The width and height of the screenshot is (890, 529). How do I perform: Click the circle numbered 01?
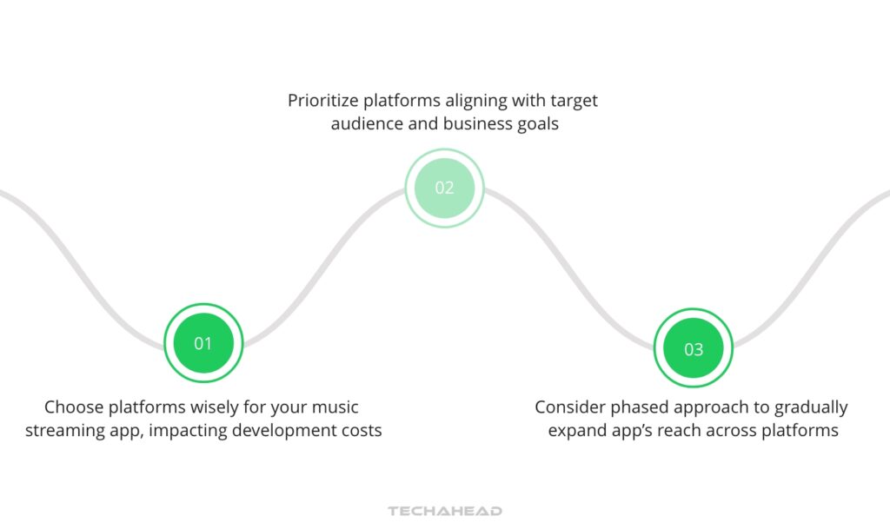point(203,343)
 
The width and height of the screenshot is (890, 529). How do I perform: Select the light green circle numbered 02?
point(444,188)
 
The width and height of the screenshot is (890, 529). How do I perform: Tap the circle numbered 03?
point(693,349)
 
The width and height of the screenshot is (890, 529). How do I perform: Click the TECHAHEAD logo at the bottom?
point(445,511)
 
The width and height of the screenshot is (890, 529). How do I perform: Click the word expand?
point(575,430)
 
